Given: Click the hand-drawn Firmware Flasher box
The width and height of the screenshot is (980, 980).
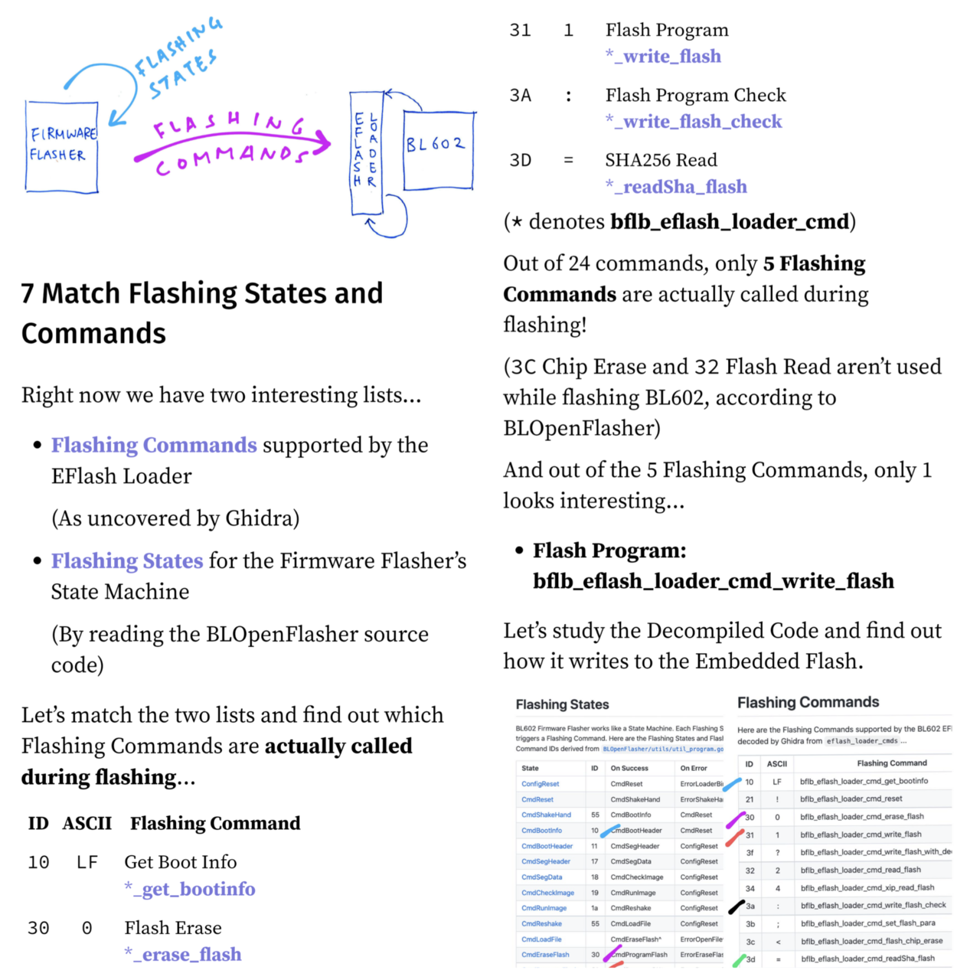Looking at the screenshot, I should (x=61, y=146).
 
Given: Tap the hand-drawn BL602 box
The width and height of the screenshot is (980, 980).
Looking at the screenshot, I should (x=439, y=149).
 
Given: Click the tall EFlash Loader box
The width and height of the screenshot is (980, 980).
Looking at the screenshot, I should (x=366, y=152).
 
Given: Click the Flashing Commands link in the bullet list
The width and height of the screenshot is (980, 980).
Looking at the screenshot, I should (x=154, y=445).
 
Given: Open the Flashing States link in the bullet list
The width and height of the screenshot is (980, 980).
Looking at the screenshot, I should (x=127, y=560).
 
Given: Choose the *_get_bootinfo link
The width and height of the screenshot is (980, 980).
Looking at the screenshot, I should (x=190, y=889).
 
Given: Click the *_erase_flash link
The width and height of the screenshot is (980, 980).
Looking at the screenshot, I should (x=183, y=954).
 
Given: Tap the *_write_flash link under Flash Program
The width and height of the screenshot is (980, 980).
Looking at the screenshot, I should (x=663, y=56).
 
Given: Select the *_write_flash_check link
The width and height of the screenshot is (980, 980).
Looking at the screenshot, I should (x=694, y=121).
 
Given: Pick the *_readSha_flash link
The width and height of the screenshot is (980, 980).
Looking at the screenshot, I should (x=676, y=186).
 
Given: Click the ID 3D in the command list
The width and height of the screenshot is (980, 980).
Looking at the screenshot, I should (x=521, y=160).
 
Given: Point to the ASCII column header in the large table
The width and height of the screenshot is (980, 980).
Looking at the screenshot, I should (x=87, y=823).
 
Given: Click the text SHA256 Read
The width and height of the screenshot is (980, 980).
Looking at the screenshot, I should (x=661, y=160).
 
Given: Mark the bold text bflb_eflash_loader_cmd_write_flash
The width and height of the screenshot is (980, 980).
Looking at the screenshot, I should (x=713, y=581).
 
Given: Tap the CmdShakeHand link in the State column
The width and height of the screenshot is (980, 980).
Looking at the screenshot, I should (x=546, y=815).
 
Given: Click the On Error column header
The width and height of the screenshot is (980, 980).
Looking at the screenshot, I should (x=694, y=768).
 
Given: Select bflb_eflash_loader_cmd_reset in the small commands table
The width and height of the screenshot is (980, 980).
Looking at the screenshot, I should (x=851, y=799).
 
